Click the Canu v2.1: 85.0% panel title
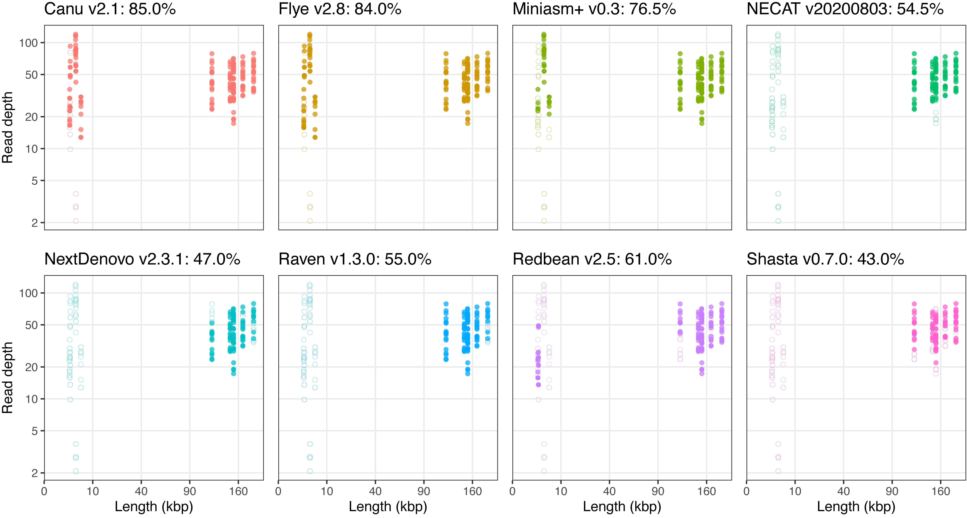coord(110,9)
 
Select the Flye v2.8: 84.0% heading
coord(340,9)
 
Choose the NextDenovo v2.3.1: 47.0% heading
coord(142,259)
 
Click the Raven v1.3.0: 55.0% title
coord(355,259)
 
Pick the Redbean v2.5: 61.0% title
coord(592,259)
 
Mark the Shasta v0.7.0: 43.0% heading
coord(825,259)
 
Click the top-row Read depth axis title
coord(7,128)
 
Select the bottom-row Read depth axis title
coord(7,378)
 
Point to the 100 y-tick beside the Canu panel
coord(29,43)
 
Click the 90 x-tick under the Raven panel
coord(424,491)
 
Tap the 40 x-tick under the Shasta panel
coord(843,491)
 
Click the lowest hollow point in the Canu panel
coord(76,221)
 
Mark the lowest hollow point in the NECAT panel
coord(778,221)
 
